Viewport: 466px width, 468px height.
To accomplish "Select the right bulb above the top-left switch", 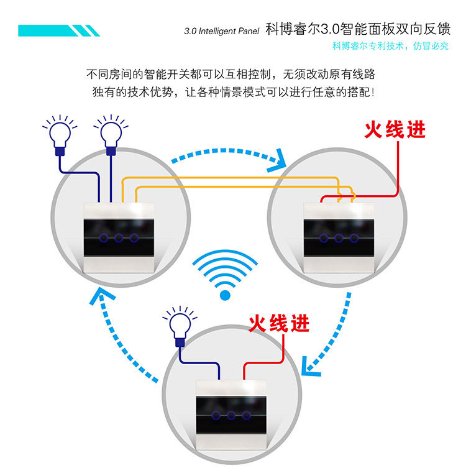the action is click(x=111, y=133).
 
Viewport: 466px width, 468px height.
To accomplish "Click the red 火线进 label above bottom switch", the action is click(x=279, y=323).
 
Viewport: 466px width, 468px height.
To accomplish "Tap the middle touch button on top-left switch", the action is click(x=119, y=237).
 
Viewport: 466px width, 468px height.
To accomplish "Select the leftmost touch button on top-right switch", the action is click(x=323, y=238).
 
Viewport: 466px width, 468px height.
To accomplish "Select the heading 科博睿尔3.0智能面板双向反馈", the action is click(x=357, y=29).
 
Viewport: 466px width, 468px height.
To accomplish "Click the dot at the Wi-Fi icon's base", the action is click(x=224, y=295).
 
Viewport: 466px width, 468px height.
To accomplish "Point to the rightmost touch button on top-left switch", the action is click(x=133, y=237).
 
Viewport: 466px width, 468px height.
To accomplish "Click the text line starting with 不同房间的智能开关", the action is click(x=231, y=75).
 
